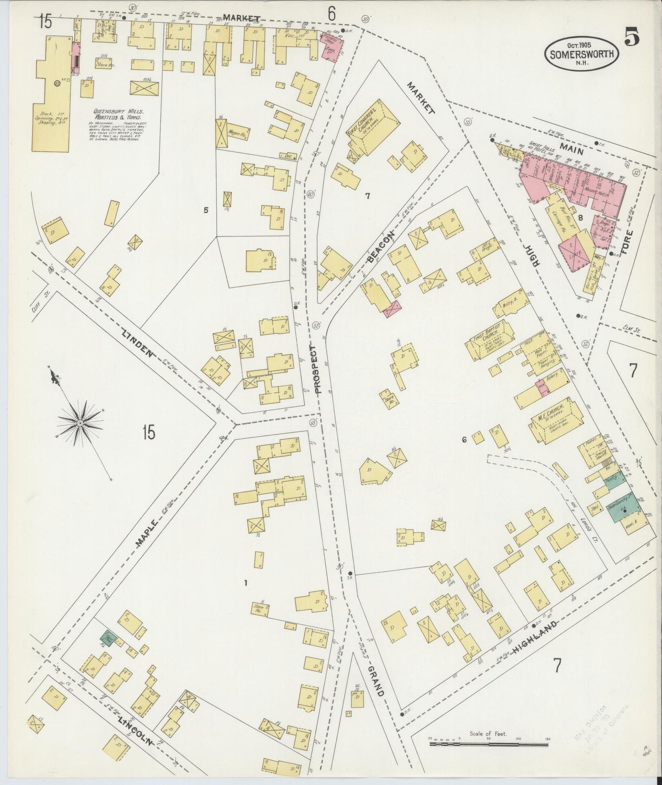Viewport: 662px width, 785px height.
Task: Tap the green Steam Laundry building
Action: (x=623, y=509)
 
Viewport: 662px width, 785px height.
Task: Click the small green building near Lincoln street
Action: (x=108, y=638)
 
